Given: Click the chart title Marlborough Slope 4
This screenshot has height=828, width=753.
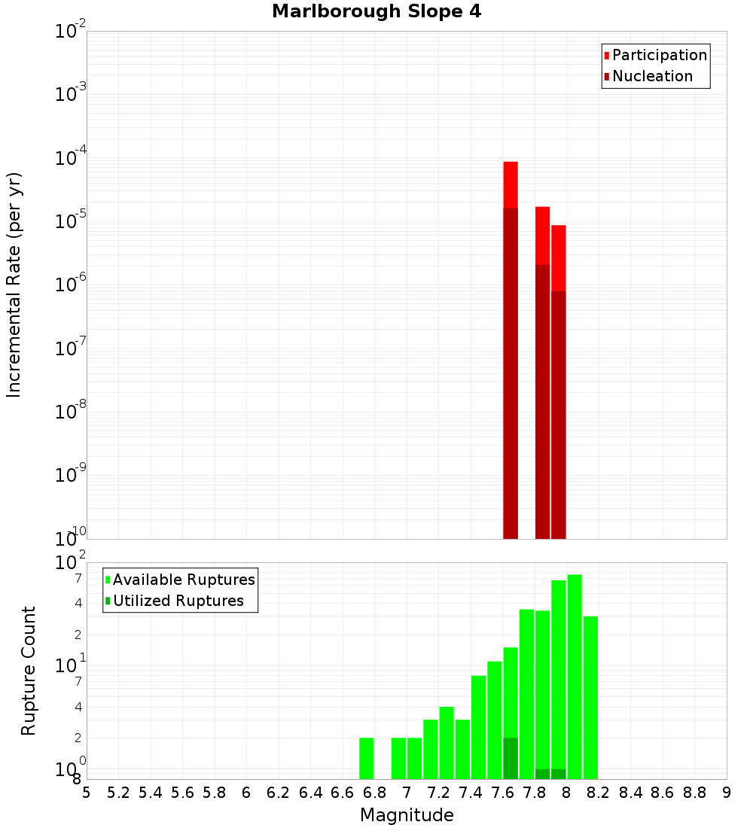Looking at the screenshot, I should tap(376, 12).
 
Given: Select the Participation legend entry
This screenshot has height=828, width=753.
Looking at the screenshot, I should tap(660, 56).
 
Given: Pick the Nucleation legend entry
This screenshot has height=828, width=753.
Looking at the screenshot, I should tap(652, 77).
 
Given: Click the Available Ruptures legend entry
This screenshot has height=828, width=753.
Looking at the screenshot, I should tap(184, 580).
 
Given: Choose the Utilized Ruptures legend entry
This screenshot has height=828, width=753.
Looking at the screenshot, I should tap(178, 601).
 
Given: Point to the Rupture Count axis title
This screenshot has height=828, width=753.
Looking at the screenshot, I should tap(29, 671).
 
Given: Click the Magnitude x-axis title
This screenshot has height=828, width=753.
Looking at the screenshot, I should tap(407, 815).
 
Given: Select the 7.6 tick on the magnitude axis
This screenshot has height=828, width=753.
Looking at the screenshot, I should tap(503, 793).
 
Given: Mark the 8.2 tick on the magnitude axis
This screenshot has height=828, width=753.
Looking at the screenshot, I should tap(599, 793).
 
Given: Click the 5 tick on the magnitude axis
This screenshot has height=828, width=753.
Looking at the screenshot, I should tap(87, 793).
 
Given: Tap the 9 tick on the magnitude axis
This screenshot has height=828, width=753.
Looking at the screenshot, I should tap(727, 793).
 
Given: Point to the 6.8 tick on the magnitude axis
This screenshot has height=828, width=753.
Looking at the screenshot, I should tap(375, 793).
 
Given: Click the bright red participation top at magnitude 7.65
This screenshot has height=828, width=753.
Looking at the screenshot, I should tap(511, 184).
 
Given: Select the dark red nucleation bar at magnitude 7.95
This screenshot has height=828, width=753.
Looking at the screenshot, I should tap(559, 414).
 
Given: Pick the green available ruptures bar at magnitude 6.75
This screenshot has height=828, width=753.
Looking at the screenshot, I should tap(367, 759).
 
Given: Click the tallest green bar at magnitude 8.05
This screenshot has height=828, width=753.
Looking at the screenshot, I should tap(575, 677).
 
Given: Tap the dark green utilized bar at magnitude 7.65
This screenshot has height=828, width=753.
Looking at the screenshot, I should tap(511, 759).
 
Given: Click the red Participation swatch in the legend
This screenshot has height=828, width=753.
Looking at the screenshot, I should tap(607, 56).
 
